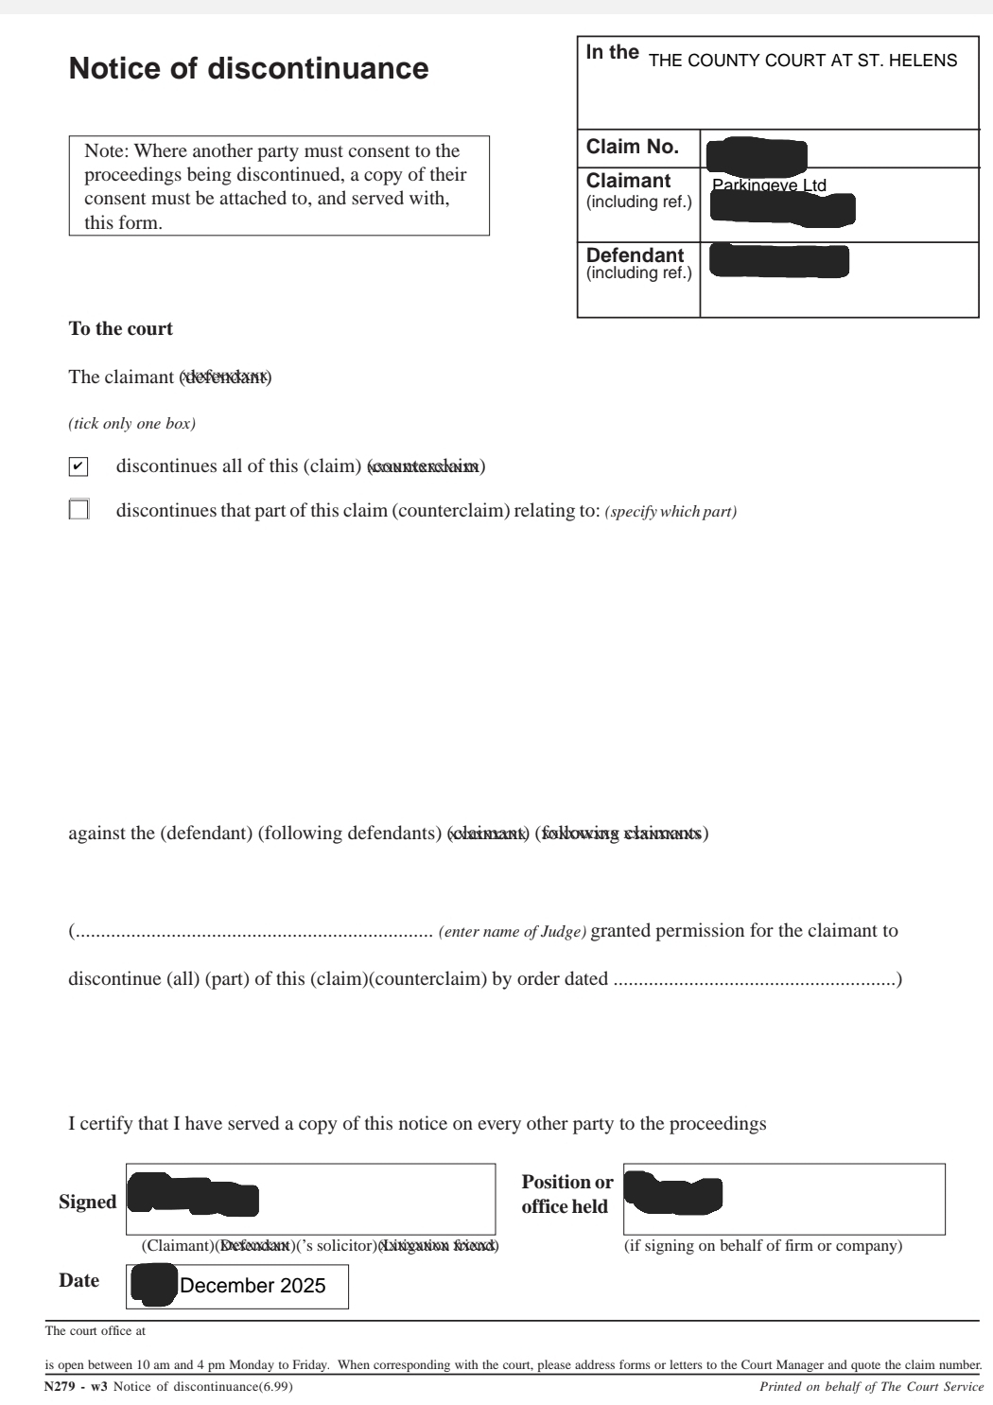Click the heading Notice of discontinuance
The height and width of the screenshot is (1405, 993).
coord(249,69)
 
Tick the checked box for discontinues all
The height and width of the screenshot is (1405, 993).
coord(78,466)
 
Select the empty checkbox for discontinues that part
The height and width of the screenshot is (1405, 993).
coord(78,510)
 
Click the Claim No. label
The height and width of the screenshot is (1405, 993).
coord(633,147)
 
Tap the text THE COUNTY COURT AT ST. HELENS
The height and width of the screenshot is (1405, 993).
coord(803,61)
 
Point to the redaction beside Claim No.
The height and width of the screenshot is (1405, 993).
coord(758,154)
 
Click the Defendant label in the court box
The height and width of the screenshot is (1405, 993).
coord(635,255)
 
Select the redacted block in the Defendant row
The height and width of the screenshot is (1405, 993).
coord(778,260)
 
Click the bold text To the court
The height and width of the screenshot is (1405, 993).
coord(120,329)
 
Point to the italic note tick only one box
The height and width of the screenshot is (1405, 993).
coord(131,424)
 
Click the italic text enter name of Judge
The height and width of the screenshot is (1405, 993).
coord(513,932)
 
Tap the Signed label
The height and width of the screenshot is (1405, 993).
coord(87,1202)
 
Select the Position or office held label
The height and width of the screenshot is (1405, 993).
coord(566,1194)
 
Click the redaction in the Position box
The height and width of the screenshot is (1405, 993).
coord(673,1194)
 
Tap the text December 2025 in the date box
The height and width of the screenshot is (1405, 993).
coord(253,1286)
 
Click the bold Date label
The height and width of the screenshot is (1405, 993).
coord(78,1280)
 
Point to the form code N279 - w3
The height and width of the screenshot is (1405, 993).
coord(77,1387)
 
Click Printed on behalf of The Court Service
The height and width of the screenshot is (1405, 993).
coord(871,1387)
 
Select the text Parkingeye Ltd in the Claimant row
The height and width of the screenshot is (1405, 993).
coord(769,184)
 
